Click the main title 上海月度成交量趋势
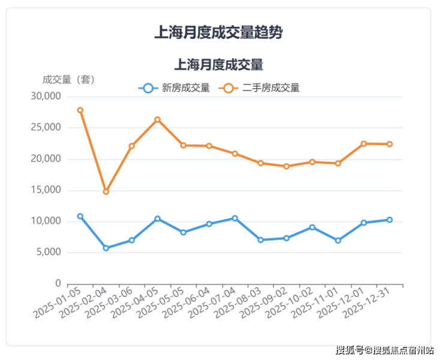point(218,32)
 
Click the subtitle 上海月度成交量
point(218,64)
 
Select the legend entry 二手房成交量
point(259,88)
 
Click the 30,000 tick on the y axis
point(46,97)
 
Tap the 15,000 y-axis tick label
point(46,190)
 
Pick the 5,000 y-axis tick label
point(48,253)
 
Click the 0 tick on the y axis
point(58,283)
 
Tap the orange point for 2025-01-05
point(80,110)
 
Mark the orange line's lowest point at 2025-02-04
point(106,192)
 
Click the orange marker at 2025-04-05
point(157,119)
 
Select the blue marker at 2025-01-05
point(80,216)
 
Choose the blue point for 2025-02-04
point(106,248)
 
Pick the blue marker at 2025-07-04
point(235,218)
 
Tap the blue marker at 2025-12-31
point(389,220)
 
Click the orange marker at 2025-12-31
point(389,144)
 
